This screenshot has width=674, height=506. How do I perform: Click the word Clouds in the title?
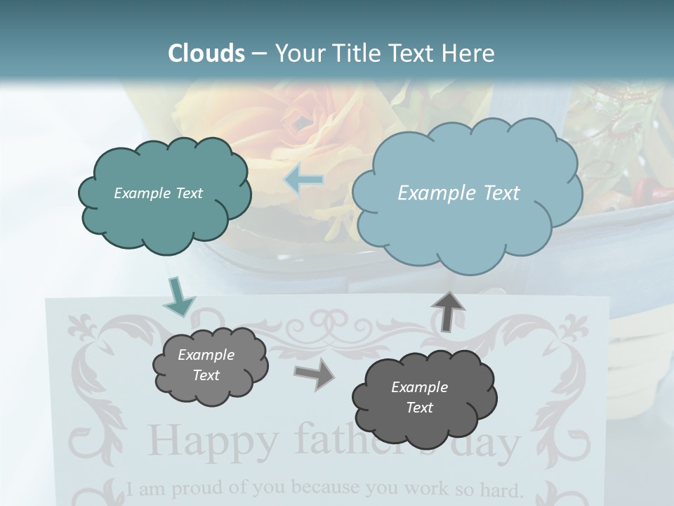pyautogui.click(x=206, y=53)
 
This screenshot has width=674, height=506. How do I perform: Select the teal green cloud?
pyautogui.click(x=164, y=195)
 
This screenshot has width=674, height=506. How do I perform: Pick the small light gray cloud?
pyautogui.click(x=210, y=366)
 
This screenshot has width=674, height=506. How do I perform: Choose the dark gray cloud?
pyautogui.click(x=424, y=398)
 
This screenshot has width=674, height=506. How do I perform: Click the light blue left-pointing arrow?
pyautogui.click(x=304, y=180)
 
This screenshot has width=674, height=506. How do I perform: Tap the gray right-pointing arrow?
pyautogui.click(x=314, y=375)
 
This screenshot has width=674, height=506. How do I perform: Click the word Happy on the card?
pyautogui.click(x=213, y=441)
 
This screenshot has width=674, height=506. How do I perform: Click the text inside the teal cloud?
pyautogui.click(x=158, y=193)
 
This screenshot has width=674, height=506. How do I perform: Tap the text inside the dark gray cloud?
pyautogui.click(x=419, y=397)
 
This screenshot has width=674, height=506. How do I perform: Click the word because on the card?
pyautogui.click(x=322, y=486)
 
